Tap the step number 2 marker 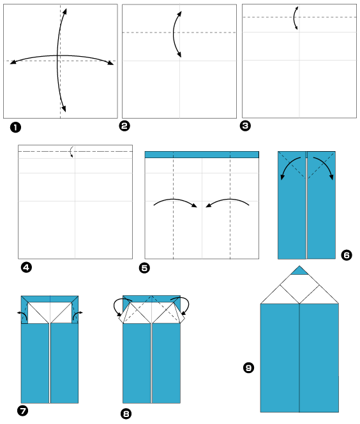[x=125, y=126]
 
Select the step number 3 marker [x=245, y=126]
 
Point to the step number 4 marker [x=26, y=267]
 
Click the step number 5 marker [x=144, y=268]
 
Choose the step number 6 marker [x=347, y=255]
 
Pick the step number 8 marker [x=126, y=414]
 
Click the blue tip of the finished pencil [x=299, y=271]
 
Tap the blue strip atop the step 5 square [x=202, y=154]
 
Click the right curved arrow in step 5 [x=227, y=202]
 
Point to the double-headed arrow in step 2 [x=177, y=34]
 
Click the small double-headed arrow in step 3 [x=295, y=17]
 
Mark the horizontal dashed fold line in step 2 [x=147, y=32]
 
